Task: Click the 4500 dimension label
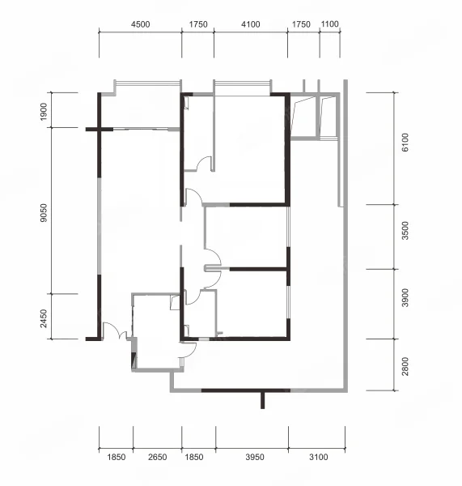pyautogui.click(x=140, y=24)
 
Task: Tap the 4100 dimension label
pyautogui.click(x=251, y=24)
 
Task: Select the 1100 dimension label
pyautogui.click(x=329, y=23)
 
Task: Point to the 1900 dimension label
pyautogui.click(x=44, y=112)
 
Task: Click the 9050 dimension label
pyautogui.click(x=44, y=212)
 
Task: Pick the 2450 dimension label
pyautogui.click(x=44, y=318)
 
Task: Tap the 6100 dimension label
pyautogui.click(x=405, y=143)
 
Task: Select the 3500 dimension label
pyautogui.click(x=405, y=231)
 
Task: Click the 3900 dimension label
pyautogui.click(x=405, y=297)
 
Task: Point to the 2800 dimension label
pyautogui.click(x=405, y=366)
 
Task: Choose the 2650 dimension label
pyautogui.click(x=157, y=457)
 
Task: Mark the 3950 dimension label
pyautogui.click(x=255, y=457)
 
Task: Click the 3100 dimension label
pyautogui.click(x=318, y=457)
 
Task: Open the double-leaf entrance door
pyautogui.click(x=115, y=331)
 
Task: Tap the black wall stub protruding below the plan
pyautogui.click(x=263, y=400)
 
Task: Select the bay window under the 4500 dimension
pyautogui.click(x=147, y=83)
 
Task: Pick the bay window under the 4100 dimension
pyautogui.click(x=243, y=83)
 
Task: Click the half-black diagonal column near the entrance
pyautogui.click(x=134, y=360)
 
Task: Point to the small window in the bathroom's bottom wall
pyautogui.click(x=204, y=339)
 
